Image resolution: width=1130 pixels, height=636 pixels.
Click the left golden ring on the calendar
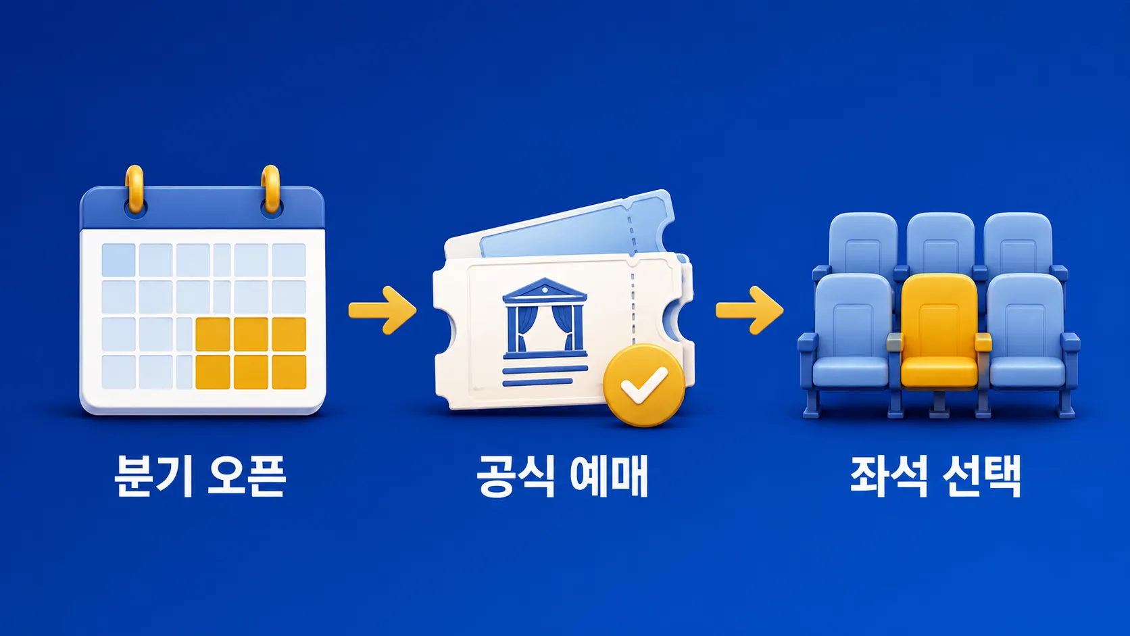134,189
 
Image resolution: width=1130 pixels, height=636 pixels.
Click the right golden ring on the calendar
271,189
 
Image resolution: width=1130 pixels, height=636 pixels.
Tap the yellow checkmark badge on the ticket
644,385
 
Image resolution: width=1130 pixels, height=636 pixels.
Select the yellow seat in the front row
939,333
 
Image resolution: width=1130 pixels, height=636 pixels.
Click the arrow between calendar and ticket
383,310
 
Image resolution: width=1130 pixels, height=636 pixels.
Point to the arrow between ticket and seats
750,310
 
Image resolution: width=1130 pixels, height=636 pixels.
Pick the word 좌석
888,476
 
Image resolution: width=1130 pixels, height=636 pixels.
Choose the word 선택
982,476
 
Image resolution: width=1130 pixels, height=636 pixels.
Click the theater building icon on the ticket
545,318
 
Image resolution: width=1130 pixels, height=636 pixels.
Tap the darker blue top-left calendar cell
118,260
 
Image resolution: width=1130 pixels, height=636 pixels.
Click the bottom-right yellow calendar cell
289,372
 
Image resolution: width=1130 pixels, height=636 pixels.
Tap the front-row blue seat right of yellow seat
1029,333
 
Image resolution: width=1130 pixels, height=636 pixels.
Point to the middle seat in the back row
940,242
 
